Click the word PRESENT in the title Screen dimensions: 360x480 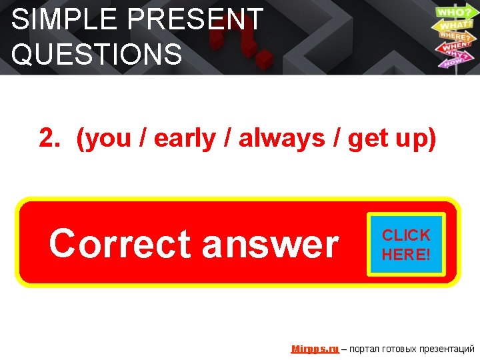point(199,20)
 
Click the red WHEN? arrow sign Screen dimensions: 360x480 point(455,47)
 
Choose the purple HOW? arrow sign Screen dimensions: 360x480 point(452,62)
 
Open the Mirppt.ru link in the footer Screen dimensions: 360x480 point(315,349)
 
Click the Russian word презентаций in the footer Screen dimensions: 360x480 point(445,349)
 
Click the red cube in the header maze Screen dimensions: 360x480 point(265,58)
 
